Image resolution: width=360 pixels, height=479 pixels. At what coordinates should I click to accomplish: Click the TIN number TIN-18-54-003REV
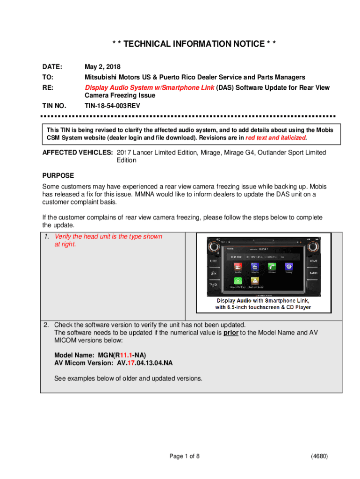point(112,106)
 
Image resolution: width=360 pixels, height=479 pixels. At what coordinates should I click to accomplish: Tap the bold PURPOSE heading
point(58,175)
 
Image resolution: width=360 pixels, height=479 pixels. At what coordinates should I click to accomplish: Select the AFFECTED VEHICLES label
point(78,152)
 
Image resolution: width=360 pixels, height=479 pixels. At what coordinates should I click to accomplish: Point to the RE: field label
point(48,87)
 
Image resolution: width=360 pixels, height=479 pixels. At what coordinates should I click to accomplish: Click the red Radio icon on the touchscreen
point(238,267)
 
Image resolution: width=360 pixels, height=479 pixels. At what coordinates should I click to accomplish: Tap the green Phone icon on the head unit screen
point(271,267)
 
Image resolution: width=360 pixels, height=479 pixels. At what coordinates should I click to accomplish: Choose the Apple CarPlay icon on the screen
point(238,281)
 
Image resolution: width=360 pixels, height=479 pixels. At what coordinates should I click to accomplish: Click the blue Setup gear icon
point(288,267)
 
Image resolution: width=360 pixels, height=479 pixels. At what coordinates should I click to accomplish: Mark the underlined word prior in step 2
point(230,333)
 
